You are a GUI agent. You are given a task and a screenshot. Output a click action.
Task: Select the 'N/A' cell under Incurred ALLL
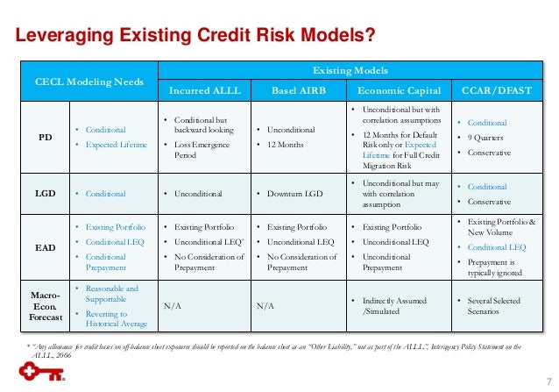[173, 307]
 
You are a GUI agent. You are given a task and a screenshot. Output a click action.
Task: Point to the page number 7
[544, 378]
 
